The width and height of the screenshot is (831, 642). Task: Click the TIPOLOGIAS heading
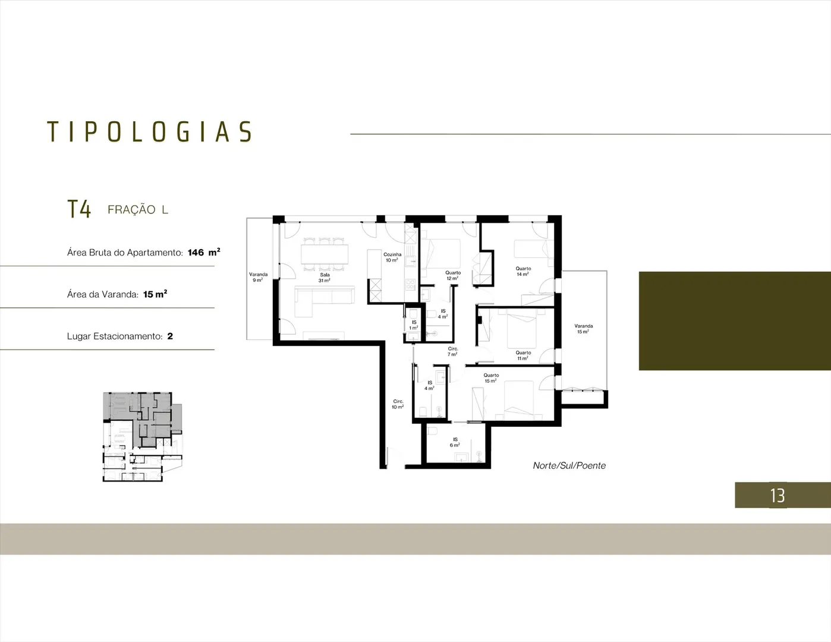pyautogui.click(x=150, y=131)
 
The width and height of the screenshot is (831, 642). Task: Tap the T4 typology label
pyautogui.click(x=79, y=209)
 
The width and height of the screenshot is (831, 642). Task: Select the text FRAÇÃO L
pyautogui.click(x=138, y=209)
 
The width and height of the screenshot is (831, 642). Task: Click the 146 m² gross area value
pyautogui.click(x=204, y=252)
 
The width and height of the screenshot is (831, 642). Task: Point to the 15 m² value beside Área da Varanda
pyautogui.click(x=155, y=294)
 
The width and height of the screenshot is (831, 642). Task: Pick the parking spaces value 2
pyautogui.click(x=170, y=336)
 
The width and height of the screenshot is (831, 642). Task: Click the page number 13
pyautogui.click(x=778, y=496)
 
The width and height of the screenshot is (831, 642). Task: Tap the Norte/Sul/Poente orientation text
pyautogui.click(x=569, y=465)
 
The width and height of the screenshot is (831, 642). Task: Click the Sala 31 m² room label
pyautogui.click(x=325, y=278)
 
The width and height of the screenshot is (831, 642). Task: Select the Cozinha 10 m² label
pyautogui.click(x=392, y=257)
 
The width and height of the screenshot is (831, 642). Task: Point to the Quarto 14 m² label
pyautogui.click(x=523, y=271)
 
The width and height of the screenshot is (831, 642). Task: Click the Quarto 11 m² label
pyautogui.click(x=523, y=355)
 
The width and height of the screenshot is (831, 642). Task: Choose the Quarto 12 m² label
pyautogui.click(x=453, y=275)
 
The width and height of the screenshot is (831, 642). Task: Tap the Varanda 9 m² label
pyautogui.click(x=258, y=277)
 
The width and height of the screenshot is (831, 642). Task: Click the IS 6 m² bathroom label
pyautogui.click(x=455, y=442)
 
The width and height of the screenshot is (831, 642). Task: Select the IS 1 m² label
pyautogui.click(x=414, y=325)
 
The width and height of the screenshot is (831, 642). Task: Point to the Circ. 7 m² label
pyautogui.click(x=453, y=351)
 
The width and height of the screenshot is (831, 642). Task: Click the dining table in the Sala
pyautogui.click(x=325, y=254)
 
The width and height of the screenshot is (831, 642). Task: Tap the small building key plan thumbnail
pyautogui.click(x=142, y=436)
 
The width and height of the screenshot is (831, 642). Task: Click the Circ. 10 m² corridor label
pyautogui.click(x=398, y=404)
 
